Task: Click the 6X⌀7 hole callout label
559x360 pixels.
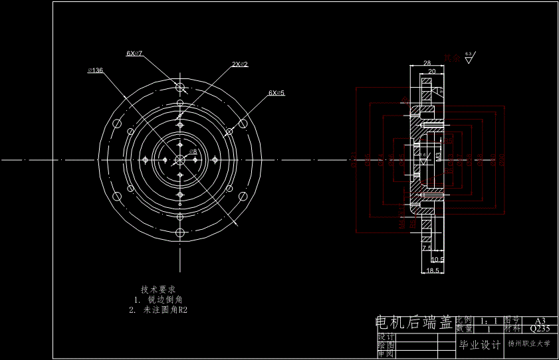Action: [x=135, y=52]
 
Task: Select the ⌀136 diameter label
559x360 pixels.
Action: [x=95, y=70]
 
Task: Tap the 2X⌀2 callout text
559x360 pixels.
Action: [x=239, y=64]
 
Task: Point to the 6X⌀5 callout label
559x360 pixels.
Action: [x=277, y=93]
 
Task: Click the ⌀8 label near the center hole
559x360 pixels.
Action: [x=193, y=151]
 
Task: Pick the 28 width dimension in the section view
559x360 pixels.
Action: [x=427, y=62]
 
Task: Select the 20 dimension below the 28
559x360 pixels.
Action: [x=431, y=71]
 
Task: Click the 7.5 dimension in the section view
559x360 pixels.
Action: [x=427, y=247]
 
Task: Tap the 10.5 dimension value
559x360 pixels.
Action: [x=437, y=259]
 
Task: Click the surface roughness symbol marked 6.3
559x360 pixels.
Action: [x=469, y=58]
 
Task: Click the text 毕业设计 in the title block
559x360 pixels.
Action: [x=479, y=345]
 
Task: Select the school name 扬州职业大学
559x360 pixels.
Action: [x=529, y=345]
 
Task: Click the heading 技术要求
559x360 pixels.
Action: [x=158, y=290]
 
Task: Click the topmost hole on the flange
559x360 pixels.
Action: [x=180, y=86]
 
